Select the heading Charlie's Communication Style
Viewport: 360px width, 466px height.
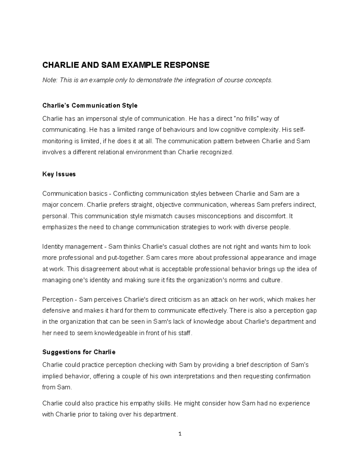[90, 105]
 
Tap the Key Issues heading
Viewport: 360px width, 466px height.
[59, 174]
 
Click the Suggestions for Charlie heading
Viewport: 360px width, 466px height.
[79, 352]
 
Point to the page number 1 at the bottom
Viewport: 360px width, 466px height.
[180, 434]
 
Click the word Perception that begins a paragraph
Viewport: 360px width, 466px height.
[58, 299]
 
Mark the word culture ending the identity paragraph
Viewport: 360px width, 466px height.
[271, 280]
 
